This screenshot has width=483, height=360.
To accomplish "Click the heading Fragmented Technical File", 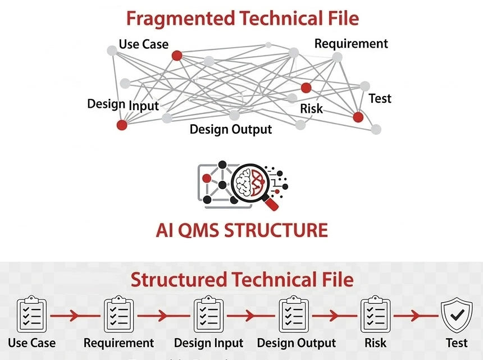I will [x=242, y=18].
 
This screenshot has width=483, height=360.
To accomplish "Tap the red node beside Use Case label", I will [x=176, y=55].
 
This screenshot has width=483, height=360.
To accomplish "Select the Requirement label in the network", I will [x=351, y=43].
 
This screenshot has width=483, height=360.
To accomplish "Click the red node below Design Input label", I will [x=121, y=125].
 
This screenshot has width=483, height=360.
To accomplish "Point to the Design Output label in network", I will [x=231, y=129].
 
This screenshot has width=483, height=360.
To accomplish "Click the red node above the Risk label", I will [x=306, y=88].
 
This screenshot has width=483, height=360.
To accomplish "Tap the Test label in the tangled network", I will [x=380, y=99].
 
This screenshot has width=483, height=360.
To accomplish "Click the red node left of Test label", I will [x=358, y=117].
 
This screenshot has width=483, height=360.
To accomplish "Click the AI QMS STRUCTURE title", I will [x=241, y=230].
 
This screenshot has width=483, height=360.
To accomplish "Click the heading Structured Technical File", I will [x=242, y=280].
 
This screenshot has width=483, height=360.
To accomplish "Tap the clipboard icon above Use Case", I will [x=32, y=315].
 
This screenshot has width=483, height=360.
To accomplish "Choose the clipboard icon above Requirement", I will [x=119, y=315].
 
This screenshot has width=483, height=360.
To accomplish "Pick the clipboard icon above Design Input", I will [x=208, y=315].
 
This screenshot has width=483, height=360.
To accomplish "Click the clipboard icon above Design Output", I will [x=294, y=315].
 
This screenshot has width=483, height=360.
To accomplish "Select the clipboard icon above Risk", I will [x=376, y=315].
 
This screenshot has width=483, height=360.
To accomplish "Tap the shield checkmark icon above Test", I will [x=457, y=316].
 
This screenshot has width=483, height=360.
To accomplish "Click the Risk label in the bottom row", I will [x=376, y=343].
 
